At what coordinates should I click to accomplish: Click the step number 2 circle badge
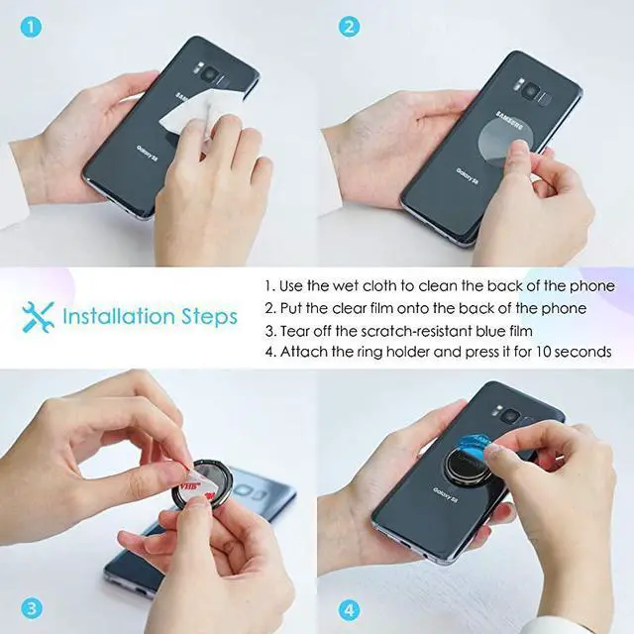tap(348, 27)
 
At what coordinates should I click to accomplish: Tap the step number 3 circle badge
tap(31, 606)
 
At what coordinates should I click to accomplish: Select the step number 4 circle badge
tap(348, 606)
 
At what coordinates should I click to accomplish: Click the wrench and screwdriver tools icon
tap(38, 317)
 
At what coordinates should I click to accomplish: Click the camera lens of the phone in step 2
tap(532, 91)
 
